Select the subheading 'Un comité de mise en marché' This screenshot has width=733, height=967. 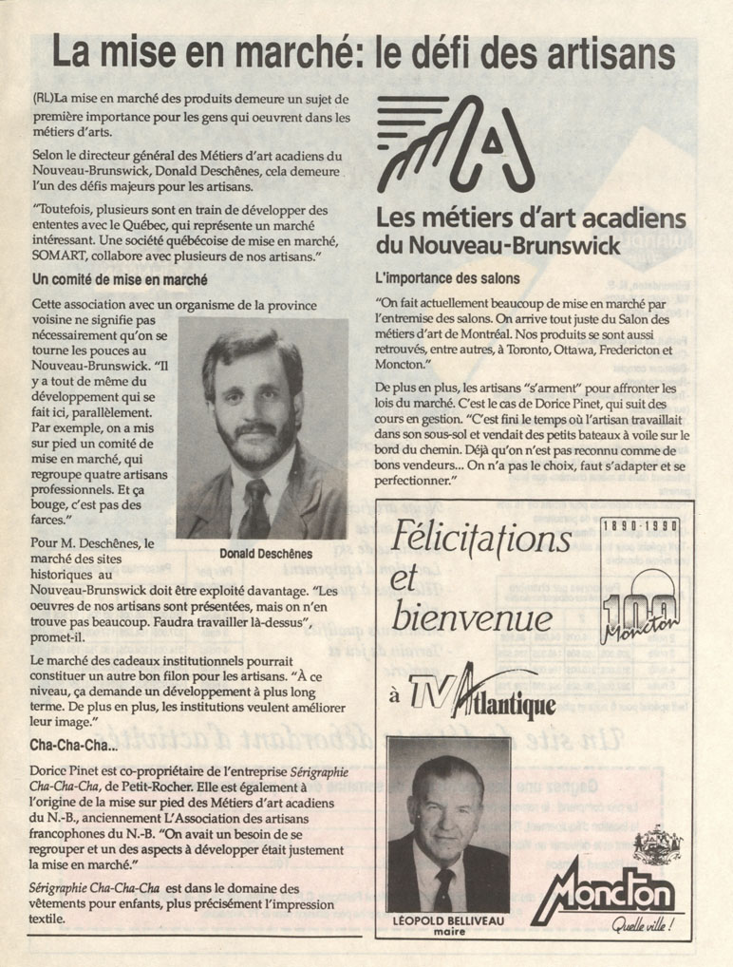120,280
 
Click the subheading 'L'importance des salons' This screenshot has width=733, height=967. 448,279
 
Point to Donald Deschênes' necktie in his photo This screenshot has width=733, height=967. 255,507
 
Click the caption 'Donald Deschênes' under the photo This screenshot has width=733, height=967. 266,554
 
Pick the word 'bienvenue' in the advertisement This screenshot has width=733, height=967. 472,618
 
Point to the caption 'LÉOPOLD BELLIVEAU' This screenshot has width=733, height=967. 448,920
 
